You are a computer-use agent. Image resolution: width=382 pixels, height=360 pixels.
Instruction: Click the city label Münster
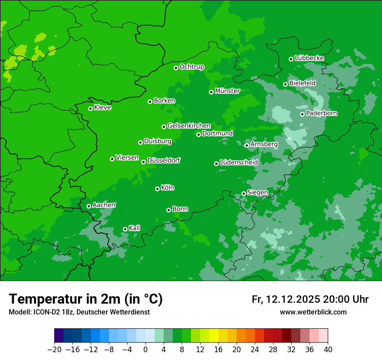click(227, 91)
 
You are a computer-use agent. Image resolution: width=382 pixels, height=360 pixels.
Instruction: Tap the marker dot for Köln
click(157, 189)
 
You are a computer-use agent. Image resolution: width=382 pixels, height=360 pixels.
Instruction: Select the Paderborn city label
click(321, 114)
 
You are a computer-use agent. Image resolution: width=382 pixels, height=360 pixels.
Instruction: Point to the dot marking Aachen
click(89, 206)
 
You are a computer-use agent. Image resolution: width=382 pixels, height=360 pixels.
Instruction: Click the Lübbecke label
click(309, 58)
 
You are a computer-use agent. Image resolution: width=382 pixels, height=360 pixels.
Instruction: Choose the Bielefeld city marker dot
click(285, 84)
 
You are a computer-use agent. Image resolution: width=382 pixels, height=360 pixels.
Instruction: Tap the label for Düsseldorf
click(163, 160)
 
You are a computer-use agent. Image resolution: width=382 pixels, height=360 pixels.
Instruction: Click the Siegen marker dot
click(244, 193)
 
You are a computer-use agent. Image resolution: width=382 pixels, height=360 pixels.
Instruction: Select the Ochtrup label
click(191, 67)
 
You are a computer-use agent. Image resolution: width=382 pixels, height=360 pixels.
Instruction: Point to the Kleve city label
click(102, 108)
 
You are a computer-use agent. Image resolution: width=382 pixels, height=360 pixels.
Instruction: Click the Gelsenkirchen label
click(189, 126)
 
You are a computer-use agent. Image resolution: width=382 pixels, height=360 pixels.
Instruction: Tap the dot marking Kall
click(125, 229)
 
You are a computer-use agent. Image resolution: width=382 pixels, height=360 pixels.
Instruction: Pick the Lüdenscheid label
click(239, 163)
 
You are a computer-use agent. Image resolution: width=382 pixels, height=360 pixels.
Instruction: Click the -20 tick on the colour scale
click(54, 349)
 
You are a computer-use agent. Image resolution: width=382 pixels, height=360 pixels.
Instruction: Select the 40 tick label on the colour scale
click(328, 349)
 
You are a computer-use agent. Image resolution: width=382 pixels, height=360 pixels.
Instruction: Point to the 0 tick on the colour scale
click(145, 349)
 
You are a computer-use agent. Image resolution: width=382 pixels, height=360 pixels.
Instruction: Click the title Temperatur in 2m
click(86, 299)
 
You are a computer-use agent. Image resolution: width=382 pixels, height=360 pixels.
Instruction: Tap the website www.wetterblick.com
click(313, 312)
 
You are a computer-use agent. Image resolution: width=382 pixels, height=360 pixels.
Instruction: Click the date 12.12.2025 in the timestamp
click(293, 299)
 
